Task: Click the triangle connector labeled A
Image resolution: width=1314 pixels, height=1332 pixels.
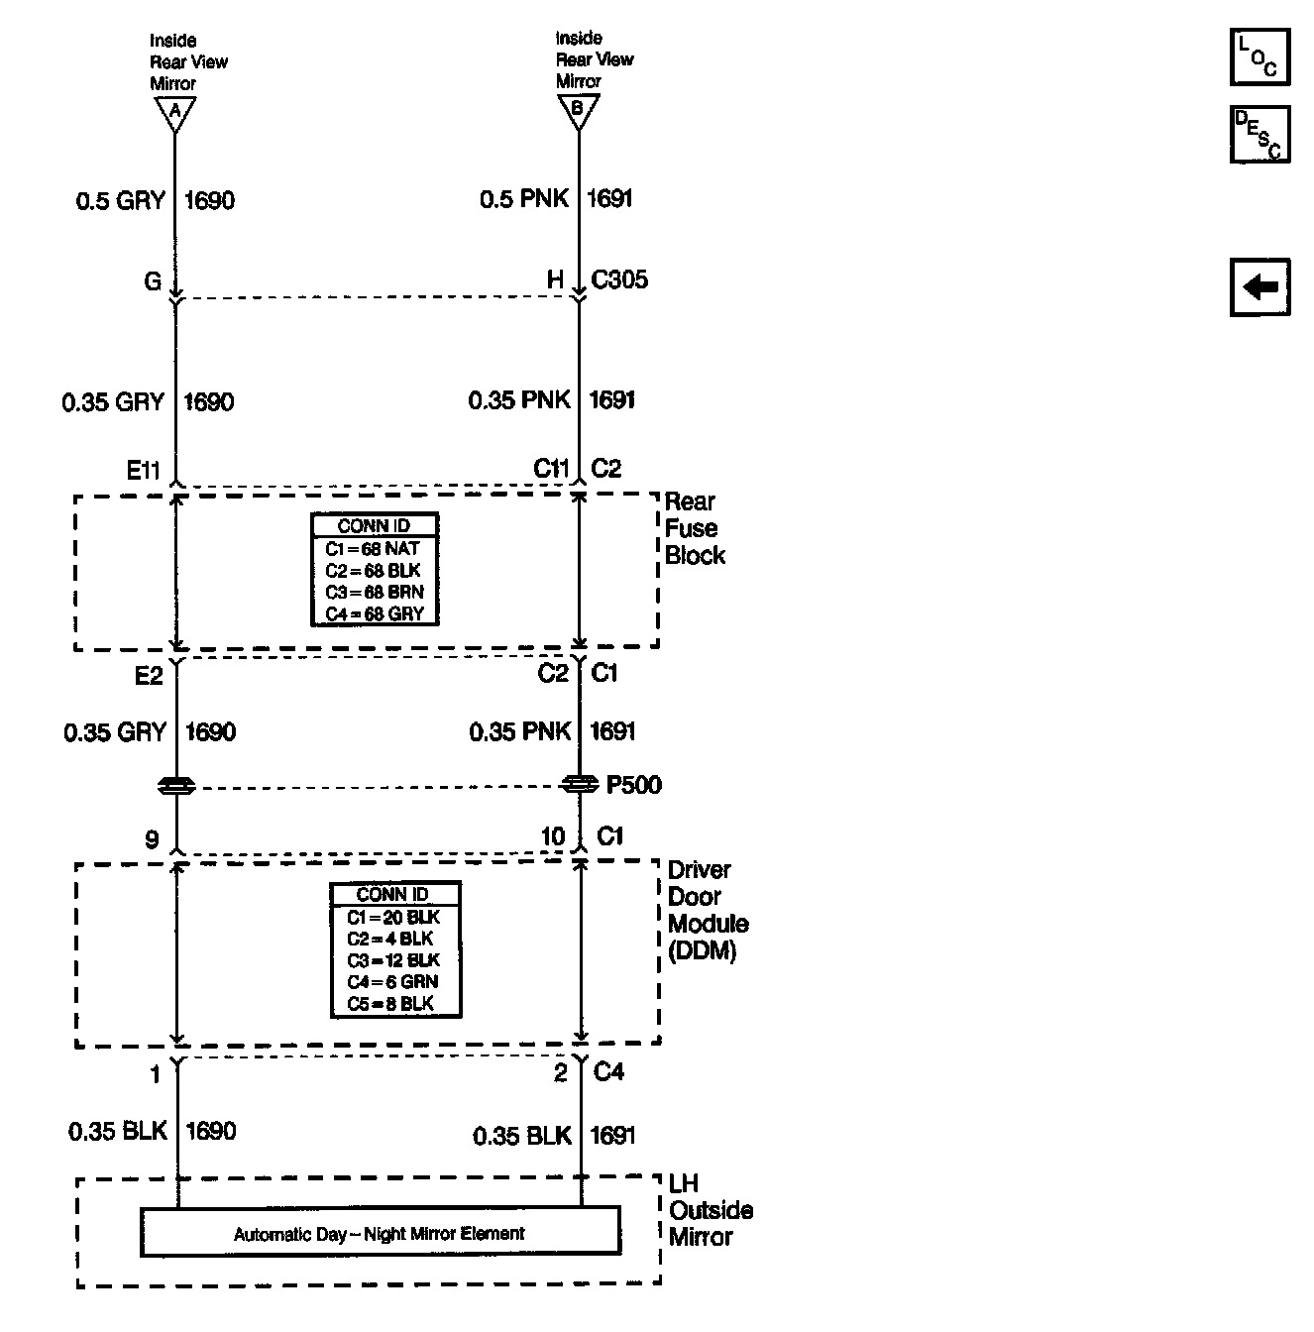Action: tap(174, 112)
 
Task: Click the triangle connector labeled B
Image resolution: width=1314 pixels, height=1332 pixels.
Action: tap(579, 110)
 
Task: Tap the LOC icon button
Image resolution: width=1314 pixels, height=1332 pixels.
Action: tap(1259, 56)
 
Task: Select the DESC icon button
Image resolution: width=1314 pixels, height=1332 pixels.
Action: tap(1259, 134)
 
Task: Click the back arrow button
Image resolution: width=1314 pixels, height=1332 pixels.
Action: tap(1259, 288)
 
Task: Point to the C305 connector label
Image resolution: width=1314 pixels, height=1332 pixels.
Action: tap(619, 280)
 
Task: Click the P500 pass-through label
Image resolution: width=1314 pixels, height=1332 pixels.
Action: tap(633, 786)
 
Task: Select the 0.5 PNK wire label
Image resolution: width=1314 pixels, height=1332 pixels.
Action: tap(524, 199)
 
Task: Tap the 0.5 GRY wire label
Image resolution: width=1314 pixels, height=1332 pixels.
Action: tap(121, 201)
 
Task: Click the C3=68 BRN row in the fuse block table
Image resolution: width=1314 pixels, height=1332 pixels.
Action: tap(375, 593)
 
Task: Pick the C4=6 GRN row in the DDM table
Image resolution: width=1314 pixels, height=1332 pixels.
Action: tap(394, 982)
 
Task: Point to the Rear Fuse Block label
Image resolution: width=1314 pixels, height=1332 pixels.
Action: tap(694, 528)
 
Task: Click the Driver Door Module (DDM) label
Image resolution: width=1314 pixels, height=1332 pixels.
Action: tap(708, 911)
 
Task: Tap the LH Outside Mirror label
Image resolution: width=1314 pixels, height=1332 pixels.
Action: tap(711, 1210)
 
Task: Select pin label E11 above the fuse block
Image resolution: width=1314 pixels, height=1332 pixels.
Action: tap(144, 470)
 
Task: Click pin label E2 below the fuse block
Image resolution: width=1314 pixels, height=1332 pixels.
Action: tap(149, 676)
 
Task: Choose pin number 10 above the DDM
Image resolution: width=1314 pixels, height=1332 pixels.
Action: tap(552, 837)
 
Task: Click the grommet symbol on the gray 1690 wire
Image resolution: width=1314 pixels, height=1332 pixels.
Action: tap(176, 786)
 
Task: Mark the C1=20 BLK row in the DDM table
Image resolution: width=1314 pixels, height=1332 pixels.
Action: tap(394, 918)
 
